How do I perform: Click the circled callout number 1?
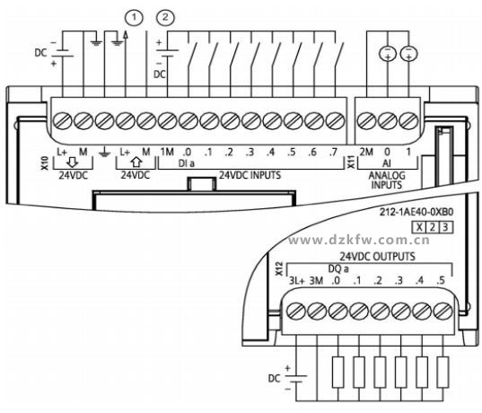point(134,18)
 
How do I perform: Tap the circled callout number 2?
point(165,18)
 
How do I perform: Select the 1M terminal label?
point(167,152)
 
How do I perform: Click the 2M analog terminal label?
point(366,152)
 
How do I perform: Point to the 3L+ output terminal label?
point(296,281)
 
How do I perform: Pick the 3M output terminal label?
point(316,281)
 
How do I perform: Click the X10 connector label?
point(45,163)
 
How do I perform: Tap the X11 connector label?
point(351,163)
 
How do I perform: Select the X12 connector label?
point(279,268)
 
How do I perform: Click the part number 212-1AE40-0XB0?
point(416,212)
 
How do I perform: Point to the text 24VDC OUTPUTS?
point(377,256)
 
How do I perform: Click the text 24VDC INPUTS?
point(250,175)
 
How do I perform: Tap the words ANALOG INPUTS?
point(387,180)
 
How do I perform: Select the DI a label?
point(187,163)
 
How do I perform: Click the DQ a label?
point(338,269)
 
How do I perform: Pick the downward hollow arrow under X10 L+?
point(73,163)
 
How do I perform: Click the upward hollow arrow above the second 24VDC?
point(136,163)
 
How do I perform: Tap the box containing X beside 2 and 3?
point(419,227)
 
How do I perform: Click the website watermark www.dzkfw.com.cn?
point(359,240)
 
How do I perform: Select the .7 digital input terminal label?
point(333,152)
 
